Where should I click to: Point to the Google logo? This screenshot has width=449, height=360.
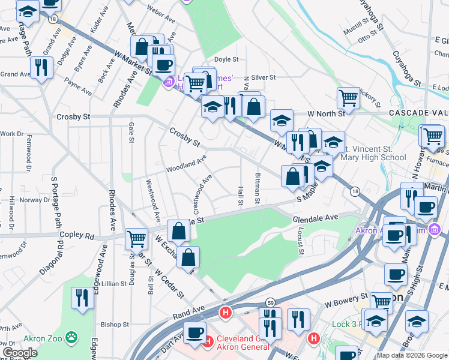tap(20, 353)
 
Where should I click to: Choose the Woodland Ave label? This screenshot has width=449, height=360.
tap(186, 162)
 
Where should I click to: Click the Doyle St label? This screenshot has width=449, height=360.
tap(226, 59)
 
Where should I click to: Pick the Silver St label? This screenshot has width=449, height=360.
tap(263, 77)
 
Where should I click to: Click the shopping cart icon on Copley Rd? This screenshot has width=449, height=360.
tap(137, 238)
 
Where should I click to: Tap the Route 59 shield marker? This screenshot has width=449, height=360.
tap(271, 302)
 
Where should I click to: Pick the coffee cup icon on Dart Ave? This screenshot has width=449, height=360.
tap(194, 332)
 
